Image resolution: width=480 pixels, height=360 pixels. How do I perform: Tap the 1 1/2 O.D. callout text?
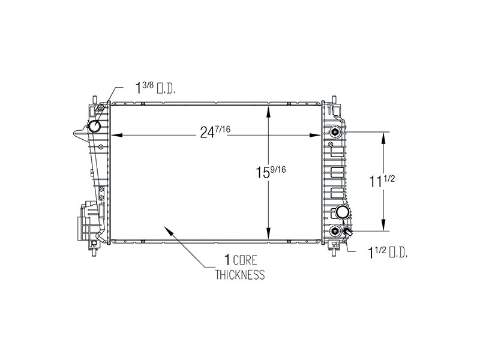click(388, 254)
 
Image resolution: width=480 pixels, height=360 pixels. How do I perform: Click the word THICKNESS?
click(240, 276)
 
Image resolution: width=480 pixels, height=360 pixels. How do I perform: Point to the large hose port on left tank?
click(95, 126)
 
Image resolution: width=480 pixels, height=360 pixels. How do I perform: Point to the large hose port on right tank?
click(343, 212)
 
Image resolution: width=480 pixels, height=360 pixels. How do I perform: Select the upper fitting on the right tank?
click(335, 131)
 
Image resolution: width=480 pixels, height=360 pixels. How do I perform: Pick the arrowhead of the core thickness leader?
click(168, 230)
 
